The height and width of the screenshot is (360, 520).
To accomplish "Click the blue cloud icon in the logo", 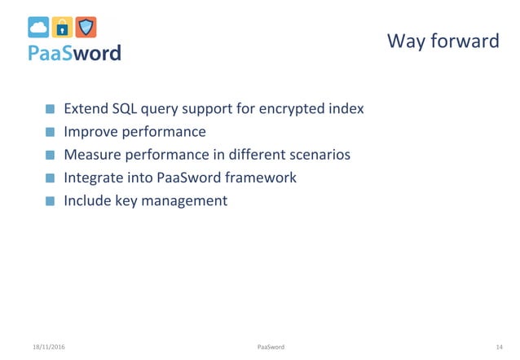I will tap(38, 27).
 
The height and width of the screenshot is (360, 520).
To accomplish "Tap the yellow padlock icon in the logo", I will tap(62, 27).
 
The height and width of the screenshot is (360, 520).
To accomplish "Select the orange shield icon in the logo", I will tap(86, 27).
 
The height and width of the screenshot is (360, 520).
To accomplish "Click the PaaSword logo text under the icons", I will tap(74, 53).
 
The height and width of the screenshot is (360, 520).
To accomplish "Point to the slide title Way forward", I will tap(443, 40).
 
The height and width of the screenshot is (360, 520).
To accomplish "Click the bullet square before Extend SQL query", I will tap(51, 109).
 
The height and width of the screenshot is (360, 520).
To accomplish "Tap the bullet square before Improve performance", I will tap(51, 132).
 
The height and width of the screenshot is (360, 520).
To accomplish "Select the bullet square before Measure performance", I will tap(51, 155).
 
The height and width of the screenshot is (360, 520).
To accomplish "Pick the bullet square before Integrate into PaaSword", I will tap(51, 178).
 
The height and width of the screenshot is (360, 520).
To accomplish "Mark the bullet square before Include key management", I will tap(51, 200).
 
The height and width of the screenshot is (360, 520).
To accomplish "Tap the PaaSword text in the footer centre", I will tap(271, 347).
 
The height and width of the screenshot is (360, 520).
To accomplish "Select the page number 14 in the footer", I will tap(499, 347).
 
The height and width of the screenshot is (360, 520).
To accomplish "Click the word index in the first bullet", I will tap(345, 108).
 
